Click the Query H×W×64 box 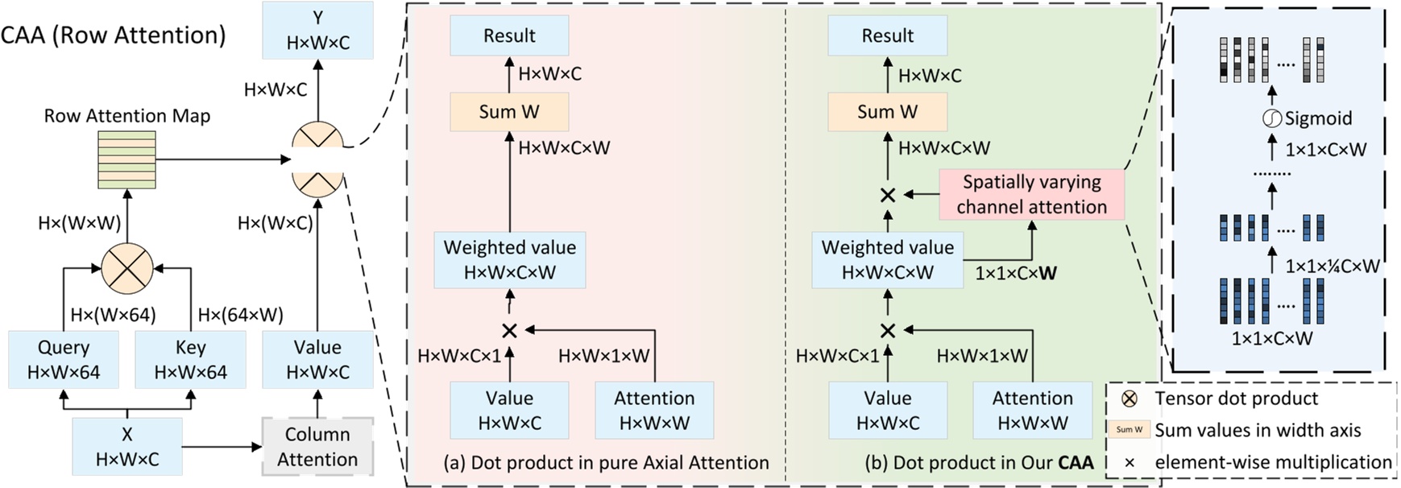point(64,359)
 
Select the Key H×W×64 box point(190,359)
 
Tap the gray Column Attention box point(317,446)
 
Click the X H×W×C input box point(127,446)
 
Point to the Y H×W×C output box point(317,30)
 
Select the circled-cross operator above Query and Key point(127,268)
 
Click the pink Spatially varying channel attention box point(1031,194)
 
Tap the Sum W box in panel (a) point(509,112)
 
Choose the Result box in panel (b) point(887,35)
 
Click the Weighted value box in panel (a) point(509,259)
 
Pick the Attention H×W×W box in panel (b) point(1032,410)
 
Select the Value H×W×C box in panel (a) point(509,410)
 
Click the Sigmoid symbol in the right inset point(1271,119)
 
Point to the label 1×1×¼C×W point(1332,266)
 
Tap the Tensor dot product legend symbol point(1130,399)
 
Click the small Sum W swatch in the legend point(1129,430)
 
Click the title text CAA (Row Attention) point(114,35)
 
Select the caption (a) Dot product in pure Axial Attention point(606,463)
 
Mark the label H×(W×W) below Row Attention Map point(79,223)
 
